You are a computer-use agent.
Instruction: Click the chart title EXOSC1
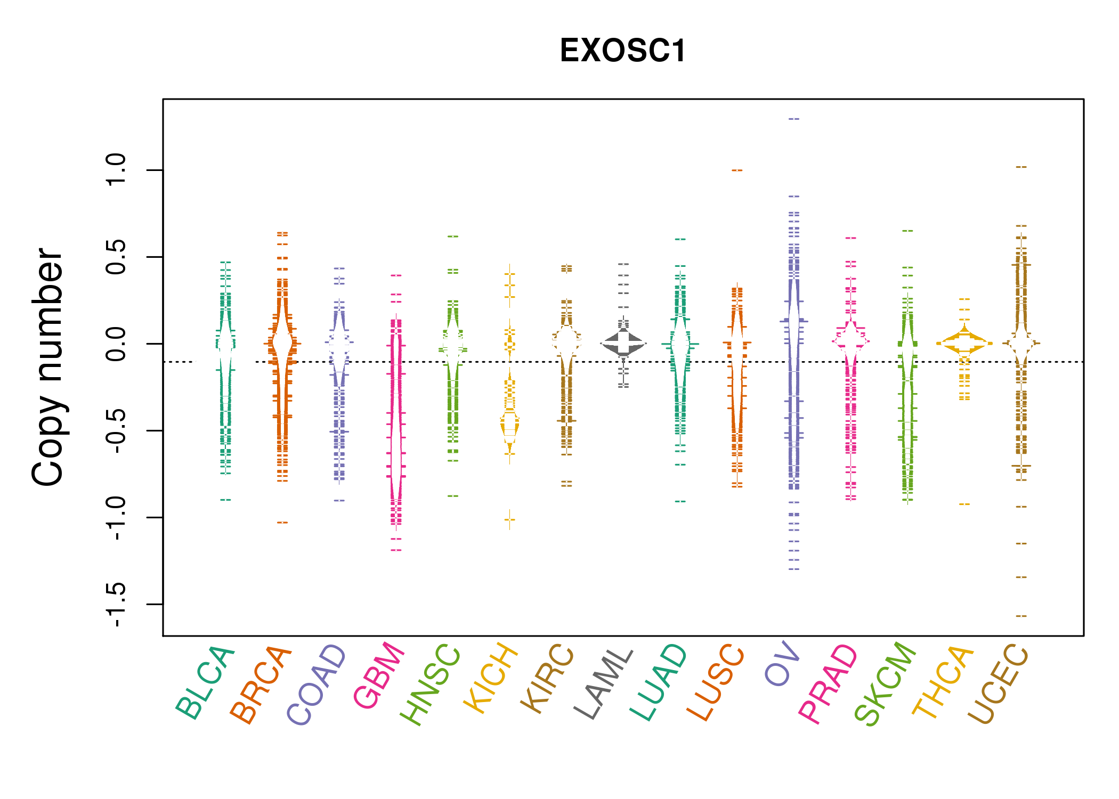click(x=622, y=51)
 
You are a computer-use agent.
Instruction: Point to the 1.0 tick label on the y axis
click(x=116, y=170)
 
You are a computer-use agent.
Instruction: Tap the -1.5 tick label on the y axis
click(x=116, y=604)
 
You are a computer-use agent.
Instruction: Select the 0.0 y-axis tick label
click(x=116, y=344)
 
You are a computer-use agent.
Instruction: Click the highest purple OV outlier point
click(x=794, y=119)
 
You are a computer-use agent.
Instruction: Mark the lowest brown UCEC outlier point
click(x=1021, y=616)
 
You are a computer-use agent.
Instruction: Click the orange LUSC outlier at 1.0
click(x=737, y=170)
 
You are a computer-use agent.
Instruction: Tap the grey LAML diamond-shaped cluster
click(x=623, y=344)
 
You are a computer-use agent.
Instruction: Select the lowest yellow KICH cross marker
click(x=510, y=519)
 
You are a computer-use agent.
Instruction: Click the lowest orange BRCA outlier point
click(x=282, y=523)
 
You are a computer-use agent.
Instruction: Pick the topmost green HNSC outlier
click(x=453, y=236)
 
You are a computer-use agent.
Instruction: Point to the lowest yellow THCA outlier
click(x=964, y=504)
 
